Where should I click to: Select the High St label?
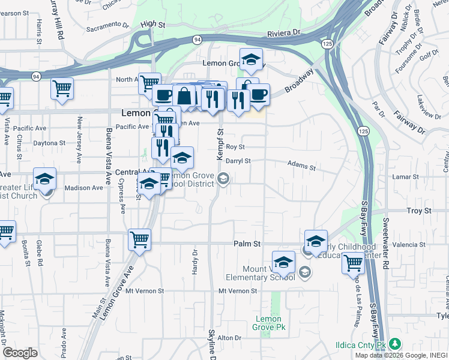click(x=152, y=24)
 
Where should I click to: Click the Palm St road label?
click(x=247, y=244)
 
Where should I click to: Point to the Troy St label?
click(x=419, y=211)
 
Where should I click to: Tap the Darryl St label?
click(x=238, y=161)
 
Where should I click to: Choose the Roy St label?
click(x=235, y=146)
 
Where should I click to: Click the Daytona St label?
click(x=49, y=143)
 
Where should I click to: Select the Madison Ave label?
click(x=83, y=188)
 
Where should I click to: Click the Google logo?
click(x=20, y=353)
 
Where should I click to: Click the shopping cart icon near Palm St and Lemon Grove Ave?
click(x=139, y=240)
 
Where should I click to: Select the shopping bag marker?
click(x=184, y=96)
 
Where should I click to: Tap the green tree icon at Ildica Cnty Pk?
click(x=394, y=344)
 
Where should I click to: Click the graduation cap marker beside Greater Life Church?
click(x=44, y=179)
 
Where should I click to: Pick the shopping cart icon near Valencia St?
click(x=353, y=262)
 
